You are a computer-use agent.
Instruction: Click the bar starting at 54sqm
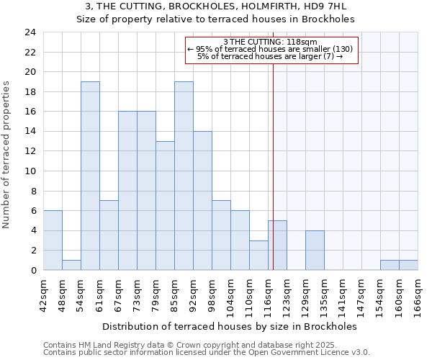tap(90, 176)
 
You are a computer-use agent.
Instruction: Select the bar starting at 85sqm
tap(184, 176)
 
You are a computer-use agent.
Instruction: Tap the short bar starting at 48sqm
tap(71, 265)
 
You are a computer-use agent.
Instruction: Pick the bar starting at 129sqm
tap(315, 250)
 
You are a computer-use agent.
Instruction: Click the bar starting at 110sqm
tap(258, 255)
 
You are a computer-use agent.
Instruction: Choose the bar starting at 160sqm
tap(408, 265)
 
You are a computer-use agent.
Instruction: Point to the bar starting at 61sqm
tap(109, 235)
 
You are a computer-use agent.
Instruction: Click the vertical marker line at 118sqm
tap(274, 166)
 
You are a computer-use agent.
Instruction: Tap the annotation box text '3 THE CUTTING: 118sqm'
tap(271, 42)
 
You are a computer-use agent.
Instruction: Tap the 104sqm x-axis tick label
tap(231, 294)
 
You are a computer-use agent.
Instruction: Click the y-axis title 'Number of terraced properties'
tap(7, 154)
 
